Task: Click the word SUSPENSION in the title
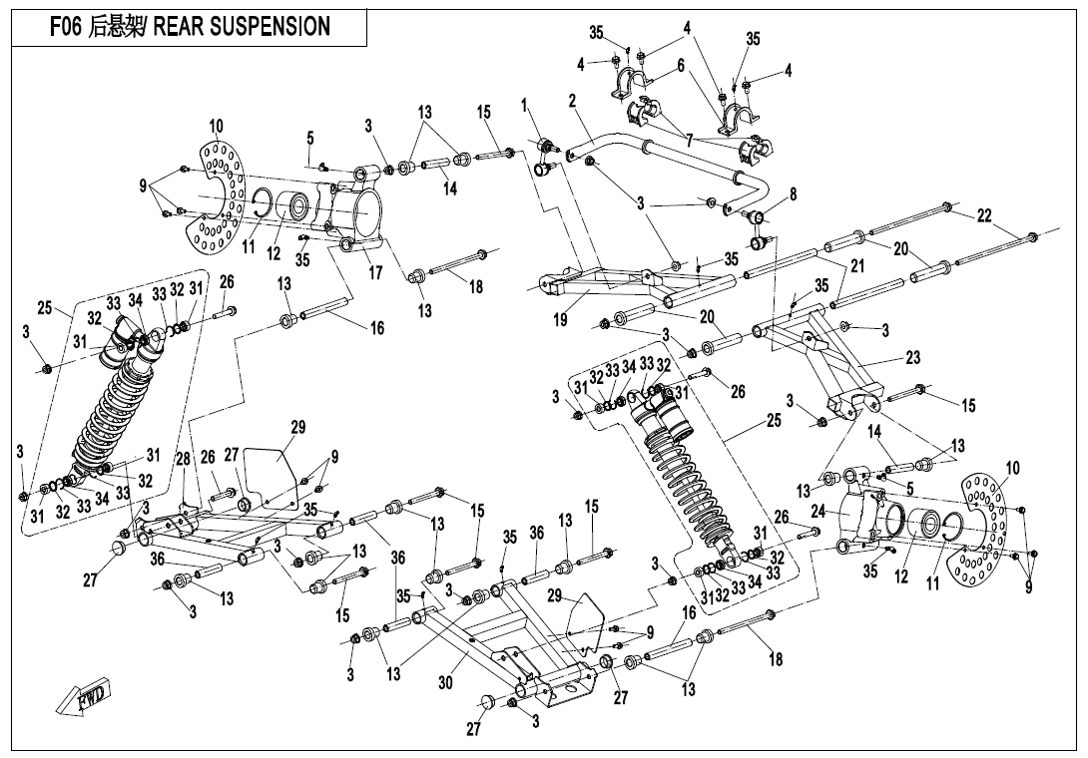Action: tap(271, 27)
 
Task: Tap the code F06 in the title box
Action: tap(69, 27)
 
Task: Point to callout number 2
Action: tap(572, 101)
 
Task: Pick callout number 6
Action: tap(680, 65)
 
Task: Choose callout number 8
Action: tap(793, 195)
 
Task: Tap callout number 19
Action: tap(562, 319)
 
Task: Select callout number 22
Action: tap(984, 216)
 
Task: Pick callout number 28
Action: tap(183, 458)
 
